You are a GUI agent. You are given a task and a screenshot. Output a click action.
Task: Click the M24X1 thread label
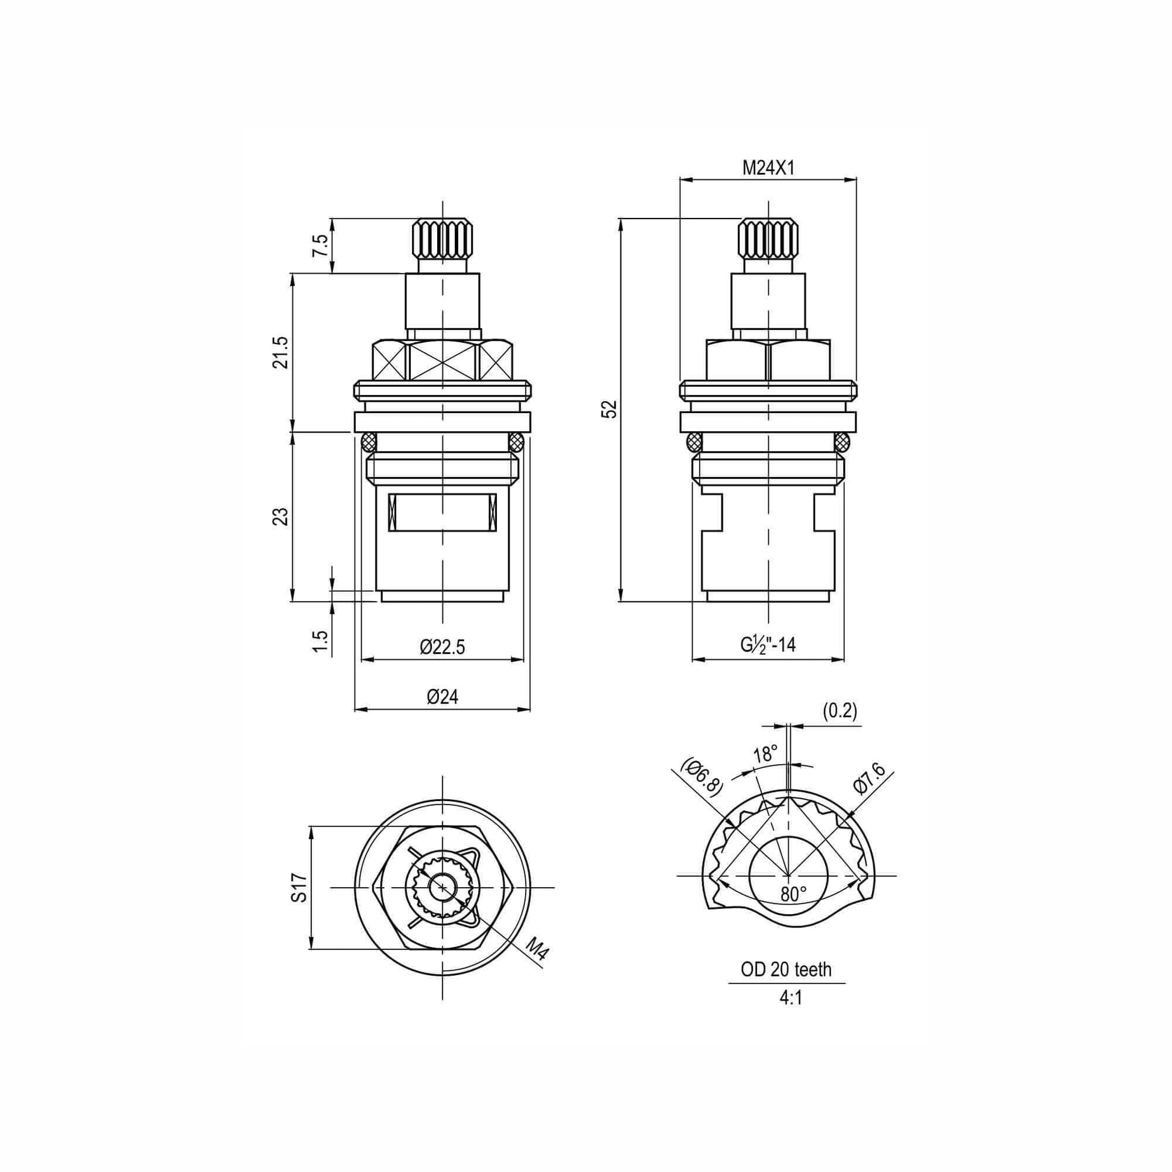pyautogui.click(x=768, y=168)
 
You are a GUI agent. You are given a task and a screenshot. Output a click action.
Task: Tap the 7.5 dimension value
pyautogui.click(x=321, y=245)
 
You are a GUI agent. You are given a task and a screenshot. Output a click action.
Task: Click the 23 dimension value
pyautogui.click(x=281, y=516)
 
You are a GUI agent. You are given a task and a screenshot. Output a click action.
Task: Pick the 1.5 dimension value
pyautogui.click(x=321, y=643)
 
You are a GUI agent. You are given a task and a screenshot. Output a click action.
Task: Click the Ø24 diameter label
pyautogui.click(x=442, y=697)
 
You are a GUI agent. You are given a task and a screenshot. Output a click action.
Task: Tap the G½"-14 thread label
pyautogui.click(x=768, y=644)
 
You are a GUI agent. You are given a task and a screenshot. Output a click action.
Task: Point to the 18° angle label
pyautogui.click(x=765, y=754)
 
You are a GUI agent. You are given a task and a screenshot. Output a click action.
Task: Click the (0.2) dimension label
pyautogui.click(x=840, y=711)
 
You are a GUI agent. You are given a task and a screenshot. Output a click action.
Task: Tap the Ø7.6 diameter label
pyautogui.click(x=868, y=779)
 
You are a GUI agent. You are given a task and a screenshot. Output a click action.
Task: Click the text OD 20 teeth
pyautogui.click(x=785, y=987)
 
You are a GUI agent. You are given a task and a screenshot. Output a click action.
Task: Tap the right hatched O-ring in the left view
pyautogui.click(x=517, y=441)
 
